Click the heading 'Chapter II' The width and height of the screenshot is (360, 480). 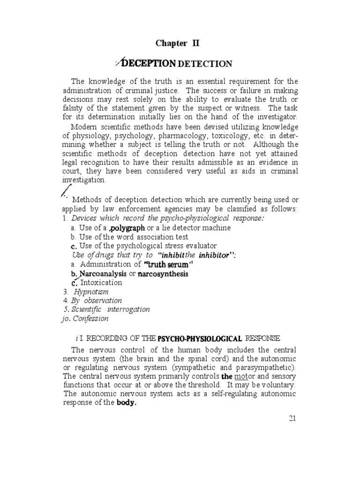[x=178, y=44]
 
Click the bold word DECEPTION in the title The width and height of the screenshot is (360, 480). [x=150, y=63]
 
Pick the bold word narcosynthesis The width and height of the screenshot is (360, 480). [x=162, y=274]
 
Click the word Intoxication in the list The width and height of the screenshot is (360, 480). [x=101, y=283]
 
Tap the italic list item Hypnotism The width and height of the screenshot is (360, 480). [x=91, y=292]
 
